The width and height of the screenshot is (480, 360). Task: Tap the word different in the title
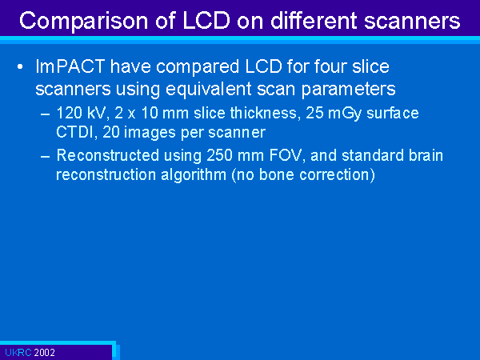click(x=314, y=20)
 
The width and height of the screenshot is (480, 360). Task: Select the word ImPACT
click(x=70, y=66)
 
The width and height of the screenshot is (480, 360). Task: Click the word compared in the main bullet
click(x=198, y=67)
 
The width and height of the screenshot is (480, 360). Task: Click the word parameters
click(x=348, y=90)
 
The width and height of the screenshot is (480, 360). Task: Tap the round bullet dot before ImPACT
click(x=20, y=66)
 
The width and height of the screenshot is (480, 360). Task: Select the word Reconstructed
click(x=108, y=155)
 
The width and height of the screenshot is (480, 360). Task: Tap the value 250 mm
click(x=235, y=155)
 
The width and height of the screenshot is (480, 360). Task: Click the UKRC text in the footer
click(x=18, y=353)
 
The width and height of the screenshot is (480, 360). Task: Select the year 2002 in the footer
click(x=44, y=353)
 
